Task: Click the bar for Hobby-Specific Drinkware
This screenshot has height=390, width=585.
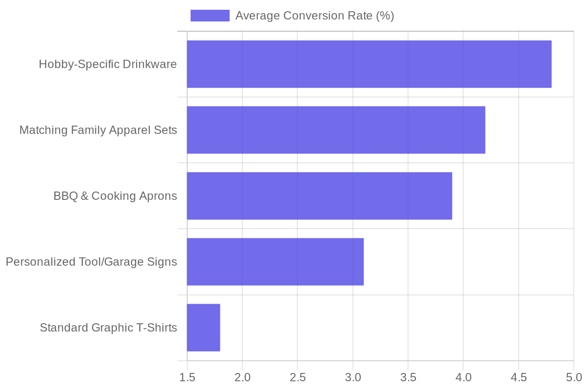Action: pyautogui.click(x=369, y=64)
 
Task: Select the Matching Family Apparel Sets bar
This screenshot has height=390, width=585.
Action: pyautogui.click(x=336, y=130)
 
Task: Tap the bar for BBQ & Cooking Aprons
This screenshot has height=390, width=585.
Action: pyautogui.click(x=319, y=195)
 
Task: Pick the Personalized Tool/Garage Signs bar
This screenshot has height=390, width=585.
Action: pyautogui.click(x=275, y=261)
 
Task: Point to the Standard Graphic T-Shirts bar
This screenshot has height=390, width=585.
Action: pyautogui.click(x=203, y=327)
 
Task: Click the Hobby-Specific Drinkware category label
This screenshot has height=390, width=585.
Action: pyautogui.click(x=108, y=64)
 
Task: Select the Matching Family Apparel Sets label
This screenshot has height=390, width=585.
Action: pyautogui.click(x=98, y=130)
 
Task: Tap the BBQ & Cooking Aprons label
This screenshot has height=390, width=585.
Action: pyautogui.click(x=115, y=196)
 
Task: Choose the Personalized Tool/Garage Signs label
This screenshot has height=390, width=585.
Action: pyautogui.click(x=91, y=262)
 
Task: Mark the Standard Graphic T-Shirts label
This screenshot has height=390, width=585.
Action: pyautogui.click(x=108, y=328)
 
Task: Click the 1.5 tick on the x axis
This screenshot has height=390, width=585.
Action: pyautogui.click(x=187, y=377)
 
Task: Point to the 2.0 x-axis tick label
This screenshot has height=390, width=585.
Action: pyautogui.click(x=242, y=377)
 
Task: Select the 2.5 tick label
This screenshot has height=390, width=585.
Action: pyautogui.click(x=297, y=377)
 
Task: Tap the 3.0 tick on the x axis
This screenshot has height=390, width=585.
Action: pyautogui.click(x=353, y=377)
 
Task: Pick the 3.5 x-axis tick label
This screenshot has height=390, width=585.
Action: pyautogui.click(x=408, y=377)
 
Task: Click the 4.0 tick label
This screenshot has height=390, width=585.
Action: pyautogui.click(x=463, y=377)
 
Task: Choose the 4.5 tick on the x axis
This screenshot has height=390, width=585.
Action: pyautogui.click(x=519, y=377)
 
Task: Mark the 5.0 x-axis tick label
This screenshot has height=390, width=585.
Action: pyautogui.click(x=573, y=377)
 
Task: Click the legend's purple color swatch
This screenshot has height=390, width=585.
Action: pyautogui.click(x=210, y=16)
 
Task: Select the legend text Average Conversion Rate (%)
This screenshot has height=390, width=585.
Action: pyautogui.click(x=314, y=16)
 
